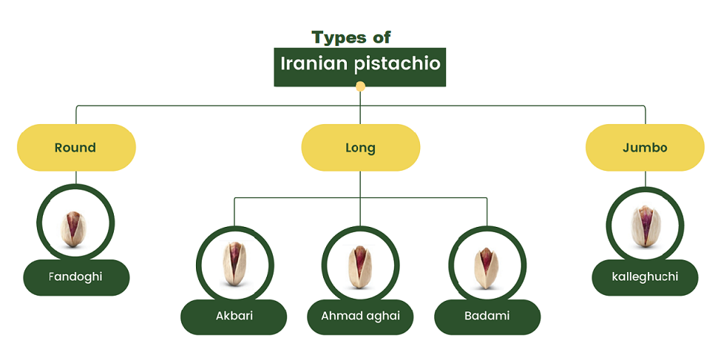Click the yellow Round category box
[76, 148]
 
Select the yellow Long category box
[360, 148]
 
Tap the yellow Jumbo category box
[645, 148]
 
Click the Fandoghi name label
[76, 277]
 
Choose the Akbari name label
[234, 317]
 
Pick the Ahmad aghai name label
[360, 317]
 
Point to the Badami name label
[487, 317]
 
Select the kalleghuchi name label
[645, 277]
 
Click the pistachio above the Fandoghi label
[73, 229]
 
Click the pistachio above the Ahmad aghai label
[360, 267]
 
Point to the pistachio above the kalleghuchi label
[645, 226]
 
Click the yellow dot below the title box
[360, 86]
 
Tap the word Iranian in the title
[314, 64]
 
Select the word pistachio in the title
[398, 64]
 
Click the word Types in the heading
[339, 38]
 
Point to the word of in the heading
[382, 38]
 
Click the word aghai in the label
[383, 316]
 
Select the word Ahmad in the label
[342, 316]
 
